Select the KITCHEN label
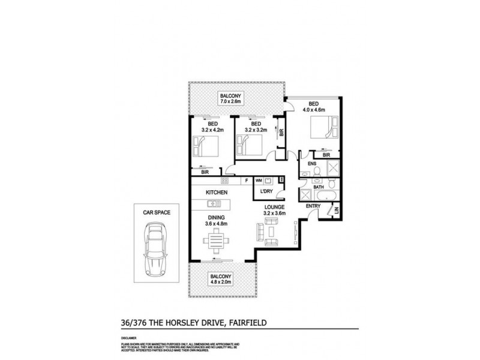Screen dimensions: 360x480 tap(217, 192)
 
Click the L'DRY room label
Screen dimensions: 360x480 tap(266, 192)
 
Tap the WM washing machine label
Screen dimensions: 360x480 tap(259, 180)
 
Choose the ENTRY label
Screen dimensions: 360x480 tap(313, 206)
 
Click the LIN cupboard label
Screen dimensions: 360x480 tap(336, 210)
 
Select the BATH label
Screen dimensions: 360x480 tap(319, 187)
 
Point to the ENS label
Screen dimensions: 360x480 tap(312, 163)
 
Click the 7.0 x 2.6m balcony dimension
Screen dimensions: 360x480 tap(230, 102)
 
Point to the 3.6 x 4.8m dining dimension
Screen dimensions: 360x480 tap(217, 224)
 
